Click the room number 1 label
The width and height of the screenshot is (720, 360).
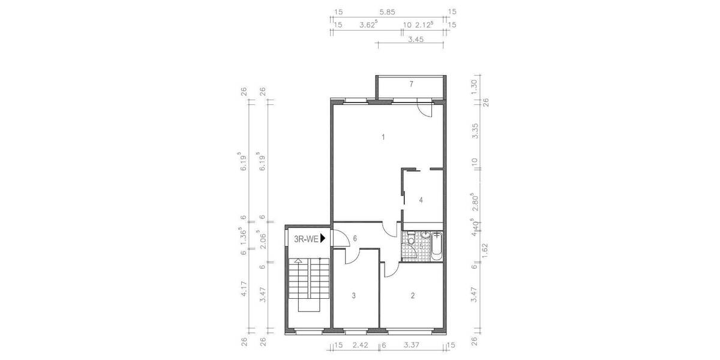(x=383, y=137)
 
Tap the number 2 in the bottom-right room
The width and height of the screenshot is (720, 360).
(x=412, y=295)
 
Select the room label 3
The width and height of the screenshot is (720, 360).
(x=354, y=295)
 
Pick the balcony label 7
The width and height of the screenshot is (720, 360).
(x=411, y=84)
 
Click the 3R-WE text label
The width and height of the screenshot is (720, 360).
(x=305, y=239)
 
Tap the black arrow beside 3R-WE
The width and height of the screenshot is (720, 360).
(x=323, y=238)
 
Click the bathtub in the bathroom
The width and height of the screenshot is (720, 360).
(x=436, y=246)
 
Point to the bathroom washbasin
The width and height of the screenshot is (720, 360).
(x=422, y=235)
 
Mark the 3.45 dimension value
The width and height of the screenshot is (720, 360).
(x=416, y=40)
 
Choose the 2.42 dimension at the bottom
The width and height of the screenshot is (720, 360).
(x=359, y=345)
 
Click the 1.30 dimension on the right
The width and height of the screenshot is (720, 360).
(x=474, y=85)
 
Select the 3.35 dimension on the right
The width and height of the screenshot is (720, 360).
(x=474, y=131)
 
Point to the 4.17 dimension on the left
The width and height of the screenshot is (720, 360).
(x=244, y=291)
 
